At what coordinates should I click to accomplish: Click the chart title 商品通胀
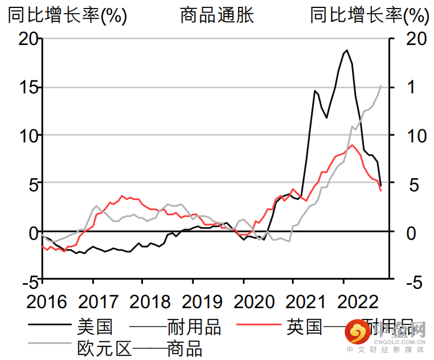216,15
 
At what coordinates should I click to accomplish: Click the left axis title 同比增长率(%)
67,15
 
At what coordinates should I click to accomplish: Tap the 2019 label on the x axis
193,302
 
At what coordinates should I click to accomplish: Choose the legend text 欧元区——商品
140,346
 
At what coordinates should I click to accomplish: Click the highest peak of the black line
346,50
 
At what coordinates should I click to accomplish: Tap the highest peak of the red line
352,145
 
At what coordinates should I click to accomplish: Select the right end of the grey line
381,85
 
